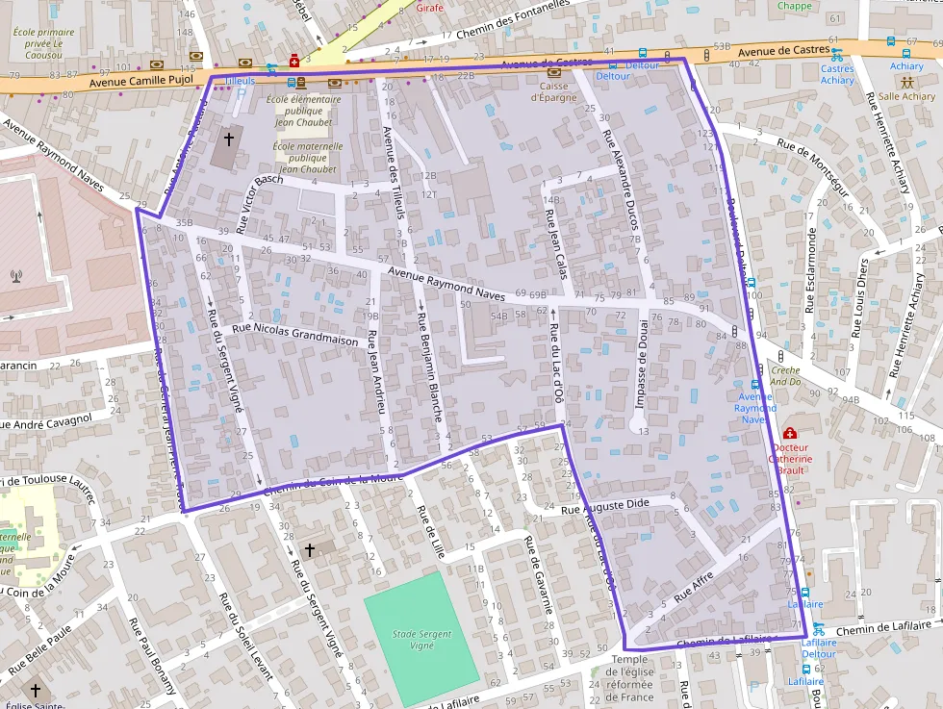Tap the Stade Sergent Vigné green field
(421, 625)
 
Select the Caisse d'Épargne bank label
(553, 89)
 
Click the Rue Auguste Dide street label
(605, 505)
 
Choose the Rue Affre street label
(695, 584)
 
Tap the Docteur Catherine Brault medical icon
(790, 434)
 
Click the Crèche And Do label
(785, 376)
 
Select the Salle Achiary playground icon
(906, 82)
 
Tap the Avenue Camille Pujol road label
(141, 82)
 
